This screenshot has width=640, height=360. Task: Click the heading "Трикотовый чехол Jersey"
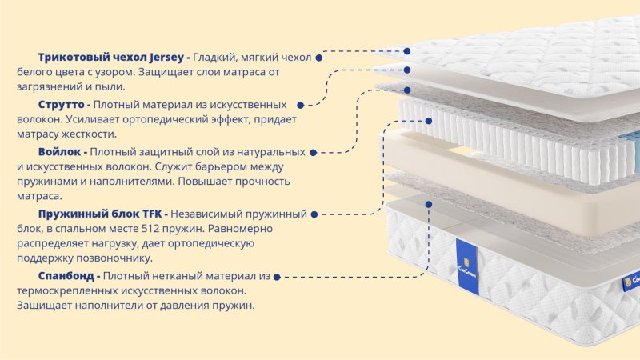point(111,58)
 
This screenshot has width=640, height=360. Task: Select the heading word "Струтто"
point(61,105)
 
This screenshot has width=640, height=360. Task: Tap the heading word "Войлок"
point(59,152)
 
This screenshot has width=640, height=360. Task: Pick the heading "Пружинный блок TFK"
point(100,214)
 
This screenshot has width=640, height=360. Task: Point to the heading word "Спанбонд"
point(66,276)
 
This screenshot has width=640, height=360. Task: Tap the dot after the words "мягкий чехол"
point(319,58)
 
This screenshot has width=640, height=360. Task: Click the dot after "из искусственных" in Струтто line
point(301,106)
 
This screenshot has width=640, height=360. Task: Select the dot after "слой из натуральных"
point(313,153)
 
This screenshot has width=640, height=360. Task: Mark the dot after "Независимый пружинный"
point(314,214)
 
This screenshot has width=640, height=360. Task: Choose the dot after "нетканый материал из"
point(277,277)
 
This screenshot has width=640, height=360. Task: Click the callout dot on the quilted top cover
point(407,51)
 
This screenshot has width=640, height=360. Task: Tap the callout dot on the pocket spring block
point(429,121)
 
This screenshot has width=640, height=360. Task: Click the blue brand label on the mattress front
point(467,267)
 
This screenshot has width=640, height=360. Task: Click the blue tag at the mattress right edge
point(631,282)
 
